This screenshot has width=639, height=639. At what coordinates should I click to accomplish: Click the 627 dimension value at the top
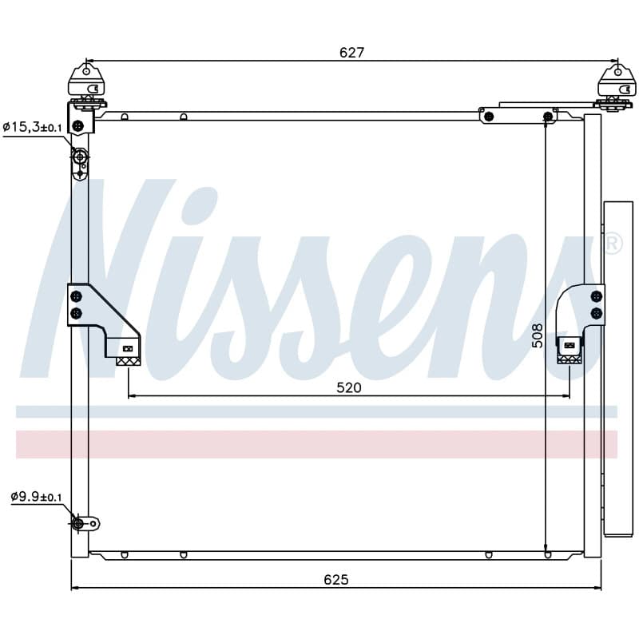[x=351, y=53]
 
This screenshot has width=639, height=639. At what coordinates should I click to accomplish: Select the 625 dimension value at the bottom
[x=336, y=580]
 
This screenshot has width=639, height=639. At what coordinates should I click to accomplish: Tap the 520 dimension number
[x=349, y=387]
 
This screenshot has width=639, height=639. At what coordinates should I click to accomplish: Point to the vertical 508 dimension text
[x=538, y=335]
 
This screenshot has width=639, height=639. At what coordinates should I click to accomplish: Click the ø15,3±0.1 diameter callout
[x=32, y=127]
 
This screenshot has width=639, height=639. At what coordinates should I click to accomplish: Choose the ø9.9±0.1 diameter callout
[x=36, y=497]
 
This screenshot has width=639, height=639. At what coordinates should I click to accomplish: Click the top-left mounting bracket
[x=86, y=86]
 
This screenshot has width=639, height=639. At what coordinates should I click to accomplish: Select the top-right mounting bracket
[x=616, y=86]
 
